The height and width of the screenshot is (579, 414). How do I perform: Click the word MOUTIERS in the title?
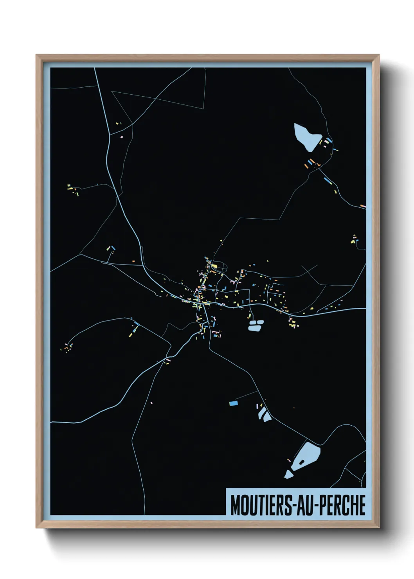point(260,505)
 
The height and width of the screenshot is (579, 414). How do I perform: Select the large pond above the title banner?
point(308,456)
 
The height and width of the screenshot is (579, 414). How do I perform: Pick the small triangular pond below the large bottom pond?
point(288,475)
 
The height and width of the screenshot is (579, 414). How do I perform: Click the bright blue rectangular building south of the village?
point(233,403)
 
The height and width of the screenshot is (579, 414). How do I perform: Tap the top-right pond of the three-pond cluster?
point(260,322)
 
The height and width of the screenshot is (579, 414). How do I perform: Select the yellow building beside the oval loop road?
point(214,266)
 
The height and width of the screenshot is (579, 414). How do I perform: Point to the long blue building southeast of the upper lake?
point(328,180)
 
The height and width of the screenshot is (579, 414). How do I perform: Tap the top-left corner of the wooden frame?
point(37,56)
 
